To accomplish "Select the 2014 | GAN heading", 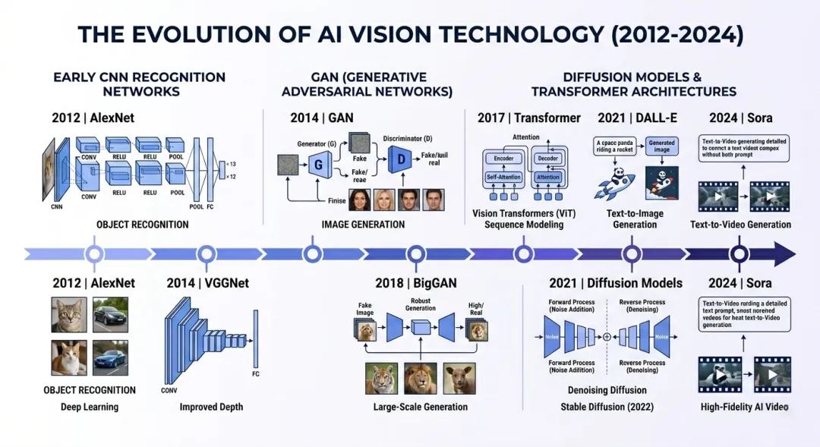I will click(x=321, y=118).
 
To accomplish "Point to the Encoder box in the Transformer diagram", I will click(x=503, y=159).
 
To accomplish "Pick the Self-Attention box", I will click(x=503, y=177).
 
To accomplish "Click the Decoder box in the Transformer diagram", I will click(x=547, y=159).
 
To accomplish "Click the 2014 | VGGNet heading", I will click(x=207, y=283).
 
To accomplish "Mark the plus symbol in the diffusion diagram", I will click(x=607, y=336).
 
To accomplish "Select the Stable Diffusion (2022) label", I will click(x=607, y=407).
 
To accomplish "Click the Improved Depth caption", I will click(x=211, y=407).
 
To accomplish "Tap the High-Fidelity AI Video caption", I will click(x=744, y=407).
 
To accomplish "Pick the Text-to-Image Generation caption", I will click(x=635, y=219).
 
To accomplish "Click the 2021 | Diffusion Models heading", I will click(x=616, y=283).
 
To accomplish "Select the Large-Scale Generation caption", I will click(x=420, y=407).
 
